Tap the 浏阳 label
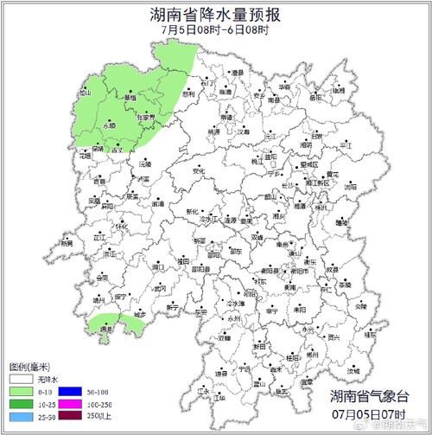point(349,185)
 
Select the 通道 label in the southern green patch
point(106,329)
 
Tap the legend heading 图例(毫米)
point(27,367)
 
